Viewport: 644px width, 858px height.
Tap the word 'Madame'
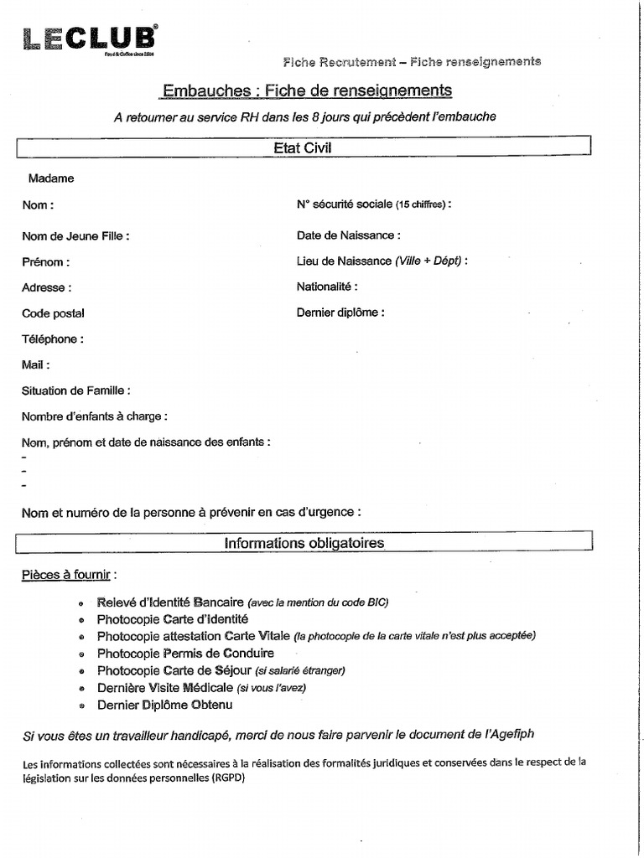[x=51, y=178]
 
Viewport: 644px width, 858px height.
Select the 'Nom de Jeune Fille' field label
[x=75, y=236]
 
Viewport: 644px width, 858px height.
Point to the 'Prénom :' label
[x=45, y=262]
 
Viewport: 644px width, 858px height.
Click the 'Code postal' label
[x=53, y=313]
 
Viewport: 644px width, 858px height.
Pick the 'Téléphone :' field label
[x=53, y=339]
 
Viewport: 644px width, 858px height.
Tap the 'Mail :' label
[x=36, y=364]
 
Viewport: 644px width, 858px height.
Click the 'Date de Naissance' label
[x=348, y=236]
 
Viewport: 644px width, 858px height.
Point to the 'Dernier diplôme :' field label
[x=340, y=313]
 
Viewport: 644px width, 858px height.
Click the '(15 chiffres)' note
[x=421, y=204]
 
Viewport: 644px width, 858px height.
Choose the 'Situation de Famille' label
[x=75, y=390]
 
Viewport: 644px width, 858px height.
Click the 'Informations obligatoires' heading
[x=304, y=543]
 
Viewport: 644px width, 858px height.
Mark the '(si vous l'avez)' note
[x=272, y=688]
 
